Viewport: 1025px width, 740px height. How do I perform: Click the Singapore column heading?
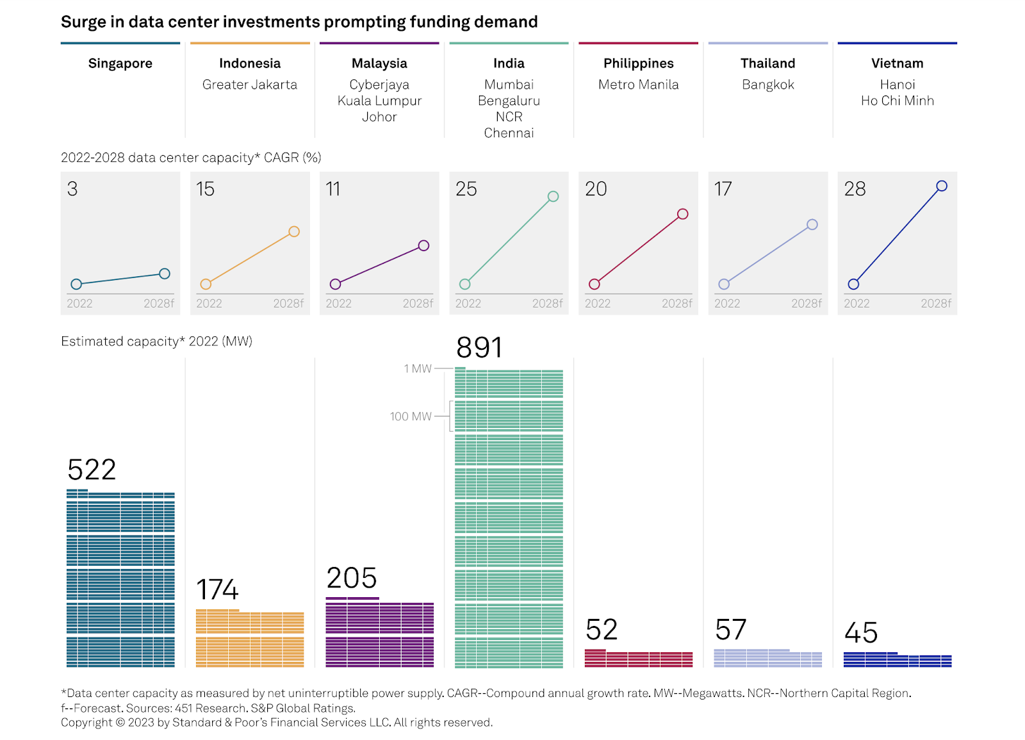pyautogui.click(x=120, y=63)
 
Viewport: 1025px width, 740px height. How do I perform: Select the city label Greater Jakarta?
pyautogui.click(x=250, y=85)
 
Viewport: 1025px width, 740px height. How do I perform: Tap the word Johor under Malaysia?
pyautogui.click(x=379, y=117)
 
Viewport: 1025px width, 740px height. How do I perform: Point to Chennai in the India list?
pyautogui.click(x=509, y=133)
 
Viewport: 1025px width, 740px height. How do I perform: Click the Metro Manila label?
pyautogui.click(x=638, y=85)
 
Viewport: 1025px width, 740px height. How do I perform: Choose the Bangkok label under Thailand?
pyautogui.click(x=767, y=85)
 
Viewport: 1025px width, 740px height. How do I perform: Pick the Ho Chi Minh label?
pyautogui.click(x=897, y=101)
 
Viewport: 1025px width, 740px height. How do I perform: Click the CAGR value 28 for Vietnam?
pyautogui.click(x=855, y=189)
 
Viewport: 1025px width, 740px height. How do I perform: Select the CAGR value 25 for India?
pyautogui.click(x=466, y=189)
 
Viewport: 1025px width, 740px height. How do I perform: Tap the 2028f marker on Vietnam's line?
pyautogui.click(x=941, y=186)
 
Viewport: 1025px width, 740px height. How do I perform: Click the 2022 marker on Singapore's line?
pyautogui.click(x=76, y=284)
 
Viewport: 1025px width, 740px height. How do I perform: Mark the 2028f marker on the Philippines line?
pyautogui.click(x=682, y=214)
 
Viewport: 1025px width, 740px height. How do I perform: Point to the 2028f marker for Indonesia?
pyautogui.click(x=294, y=232)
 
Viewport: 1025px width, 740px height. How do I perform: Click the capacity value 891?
pyautogui.click(x=479, y=348)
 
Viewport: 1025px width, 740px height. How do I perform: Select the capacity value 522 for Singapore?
pyautogui.click(x=92, y=470)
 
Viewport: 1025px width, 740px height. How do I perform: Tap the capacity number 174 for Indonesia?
pyautogui.click(x=218, y=589)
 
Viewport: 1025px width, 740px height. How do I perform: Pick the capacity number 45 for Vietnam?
pyautogui.click(x=861, y=633)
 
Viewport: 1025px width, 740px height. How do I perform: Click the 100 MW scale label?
pyautogui.click(x=411, y=416)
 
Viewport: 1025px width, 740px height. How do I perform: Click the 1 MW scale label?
pyautogui.click(x=418, y=369)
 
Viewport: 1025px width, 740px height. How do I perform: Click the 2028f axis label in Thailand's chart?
pyautogui.click(x=806, y=304)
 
